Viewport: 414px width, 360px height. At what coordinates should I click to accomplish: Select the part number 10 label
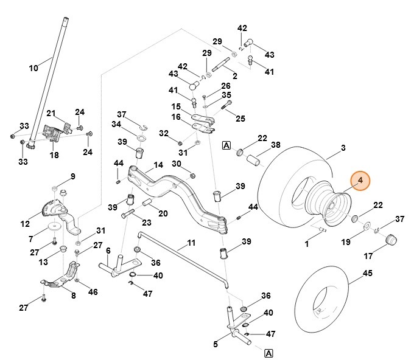[33, 68]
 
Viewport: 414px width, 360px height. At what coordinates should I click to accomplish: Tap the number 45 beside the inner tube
[367, 274]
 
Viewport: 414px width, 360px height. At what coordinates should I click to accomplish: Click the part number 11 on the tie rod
[191, 243]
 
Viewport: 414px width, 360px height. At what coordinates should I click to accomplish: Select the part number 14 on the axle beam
[158, 165]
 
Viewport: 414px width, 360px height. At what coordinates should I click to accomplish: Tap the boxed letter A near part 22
[226, 145]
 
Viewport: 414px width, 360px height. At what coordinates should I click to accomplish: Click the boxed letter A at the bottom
[268, 353]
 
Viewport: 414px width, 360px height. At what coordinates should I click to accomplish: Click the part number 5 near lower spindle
[216, 345]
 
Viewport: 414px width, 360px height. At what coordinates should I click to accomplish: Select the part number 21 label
[51, 113]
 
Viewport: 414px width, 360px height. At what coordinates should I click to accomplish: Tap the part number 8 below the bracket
[74, 296]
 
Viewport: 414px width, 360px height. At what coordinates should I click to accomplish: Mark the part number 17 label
[385, 255]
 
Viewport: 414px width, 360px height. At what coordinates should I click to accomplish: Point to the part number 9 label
[73, 176]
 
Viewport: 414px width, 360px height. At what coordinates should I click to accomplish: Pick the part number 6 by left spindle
[108, 250]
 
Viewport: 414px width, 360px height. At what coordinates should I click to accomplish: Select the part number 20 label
[163, 213]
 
